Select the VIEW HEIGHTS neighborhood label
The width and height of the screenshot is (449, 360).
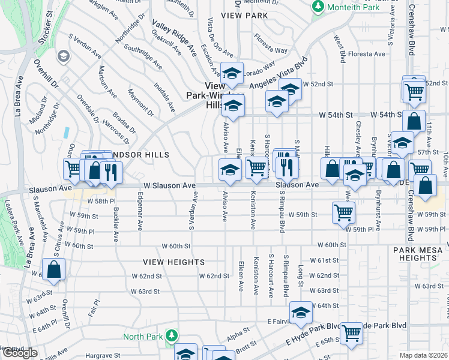click(173, 262)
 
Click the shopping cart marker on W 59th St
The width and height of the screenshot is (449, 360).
click(343, 212)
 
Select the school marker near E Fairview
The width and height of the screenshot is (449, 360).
click(301, 311)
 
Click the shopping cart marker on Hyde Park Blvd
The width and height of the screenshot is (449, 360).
click(351, 332)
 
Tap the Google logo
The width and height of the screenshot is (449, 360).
click(19, 353)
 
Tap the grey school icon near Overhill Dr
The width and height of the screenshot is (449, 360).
click(62, 56)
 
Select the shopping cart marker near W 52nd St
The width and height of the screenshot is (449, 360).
click(414, 92)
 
